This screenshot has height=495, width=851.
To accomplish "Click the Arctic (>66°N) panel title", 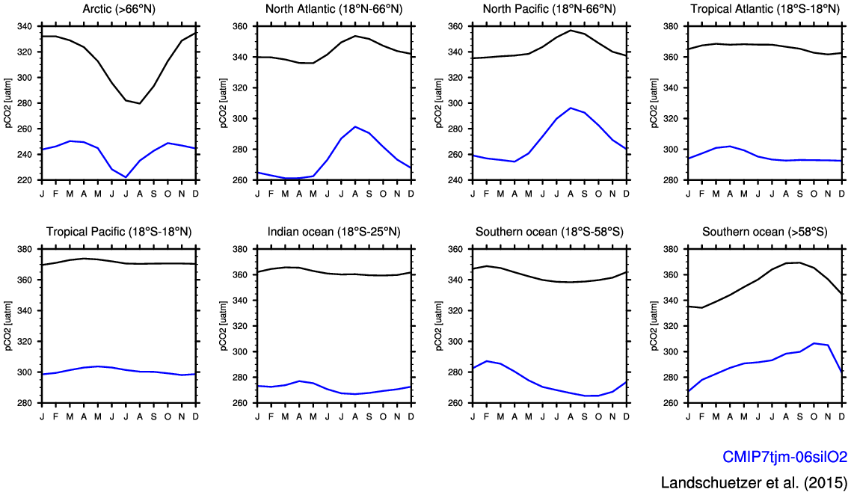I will coord(119,9).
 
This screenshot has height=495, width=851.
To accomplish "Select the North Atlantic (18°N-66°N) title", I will coord(334,9).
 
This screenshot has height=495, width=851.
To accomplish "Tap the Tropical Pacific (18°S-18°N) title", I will coord(119,232).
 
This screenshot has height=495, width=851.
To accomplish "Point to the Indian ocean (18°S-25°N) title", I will coord(334,232).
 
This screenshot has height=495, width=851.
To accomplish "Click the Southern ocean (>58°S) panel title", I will coord(765,232).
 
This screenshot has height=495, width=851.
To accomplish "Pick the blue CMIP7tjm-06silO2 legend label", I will coord(784,457).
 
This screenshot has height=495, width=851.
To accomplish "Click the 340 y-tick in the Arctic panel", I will coord(25,26).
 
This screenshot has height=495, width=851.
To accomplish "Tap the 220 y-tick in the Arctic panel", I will coord(25,180).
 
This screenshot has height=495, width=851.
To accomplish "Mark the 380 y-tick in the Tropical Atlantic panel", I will coord(671,26).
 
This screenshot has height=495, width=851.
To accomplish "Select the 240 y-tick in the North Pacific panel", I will coord(455,180).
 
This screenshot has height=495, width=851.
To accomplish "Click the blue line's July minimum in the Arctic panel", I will coord(126,177).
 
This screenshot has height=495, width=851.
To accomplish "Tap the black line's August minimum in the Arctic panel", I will coord(140,103).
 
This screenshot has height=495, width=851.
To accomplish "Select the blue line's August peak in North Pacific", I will coord(571,108).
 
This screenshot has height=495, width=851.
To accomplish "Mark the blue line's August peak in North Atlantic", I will coord(355,126).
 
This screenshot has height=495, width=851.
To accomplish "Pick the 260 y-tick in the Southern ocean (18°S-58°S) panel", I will coord(455,403).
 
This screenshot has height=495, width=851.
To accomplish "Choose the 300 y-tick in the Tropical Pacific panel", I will coord(25,372).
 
